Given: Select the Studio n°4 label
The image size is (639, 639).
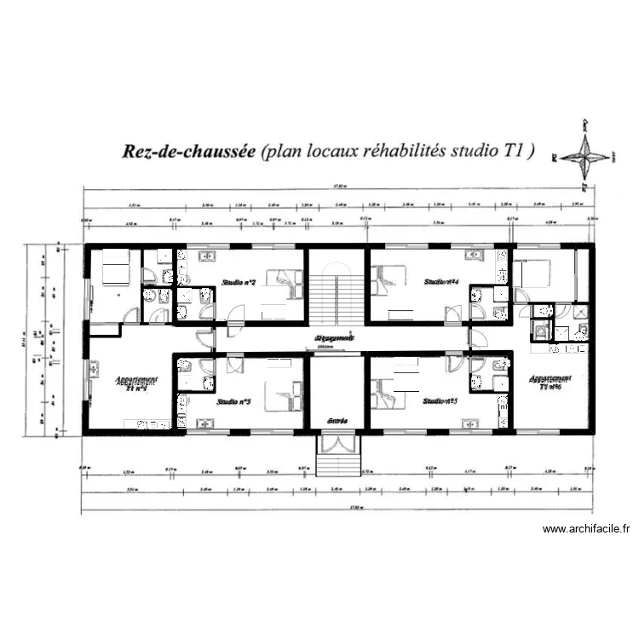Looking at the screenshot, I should click(x=443, y=281).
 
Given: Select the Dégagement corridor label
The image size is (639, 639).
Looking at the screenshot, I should click(x=334, y=338).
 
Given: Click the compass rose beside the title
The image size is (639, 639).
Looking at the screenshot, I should click(x=585, y=155).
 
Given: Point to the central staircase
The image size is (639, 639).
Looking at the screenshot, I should click(x=337, y=297).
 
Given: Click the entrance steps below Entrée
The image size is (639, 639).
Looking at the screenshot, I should click(x=338, y=465).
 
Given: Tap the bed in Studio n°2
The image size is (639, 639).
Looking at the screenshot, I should click(x=285, y=282).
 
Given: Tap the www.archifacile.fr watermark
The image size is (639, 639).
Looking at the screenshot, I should click(x=586, y=529).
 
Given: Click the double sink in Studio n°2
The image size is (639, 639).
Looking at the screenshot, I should click(x=207, y=255).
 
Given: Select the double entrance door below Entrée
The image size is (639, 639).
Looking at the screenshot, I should click(x=338, y=444).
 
